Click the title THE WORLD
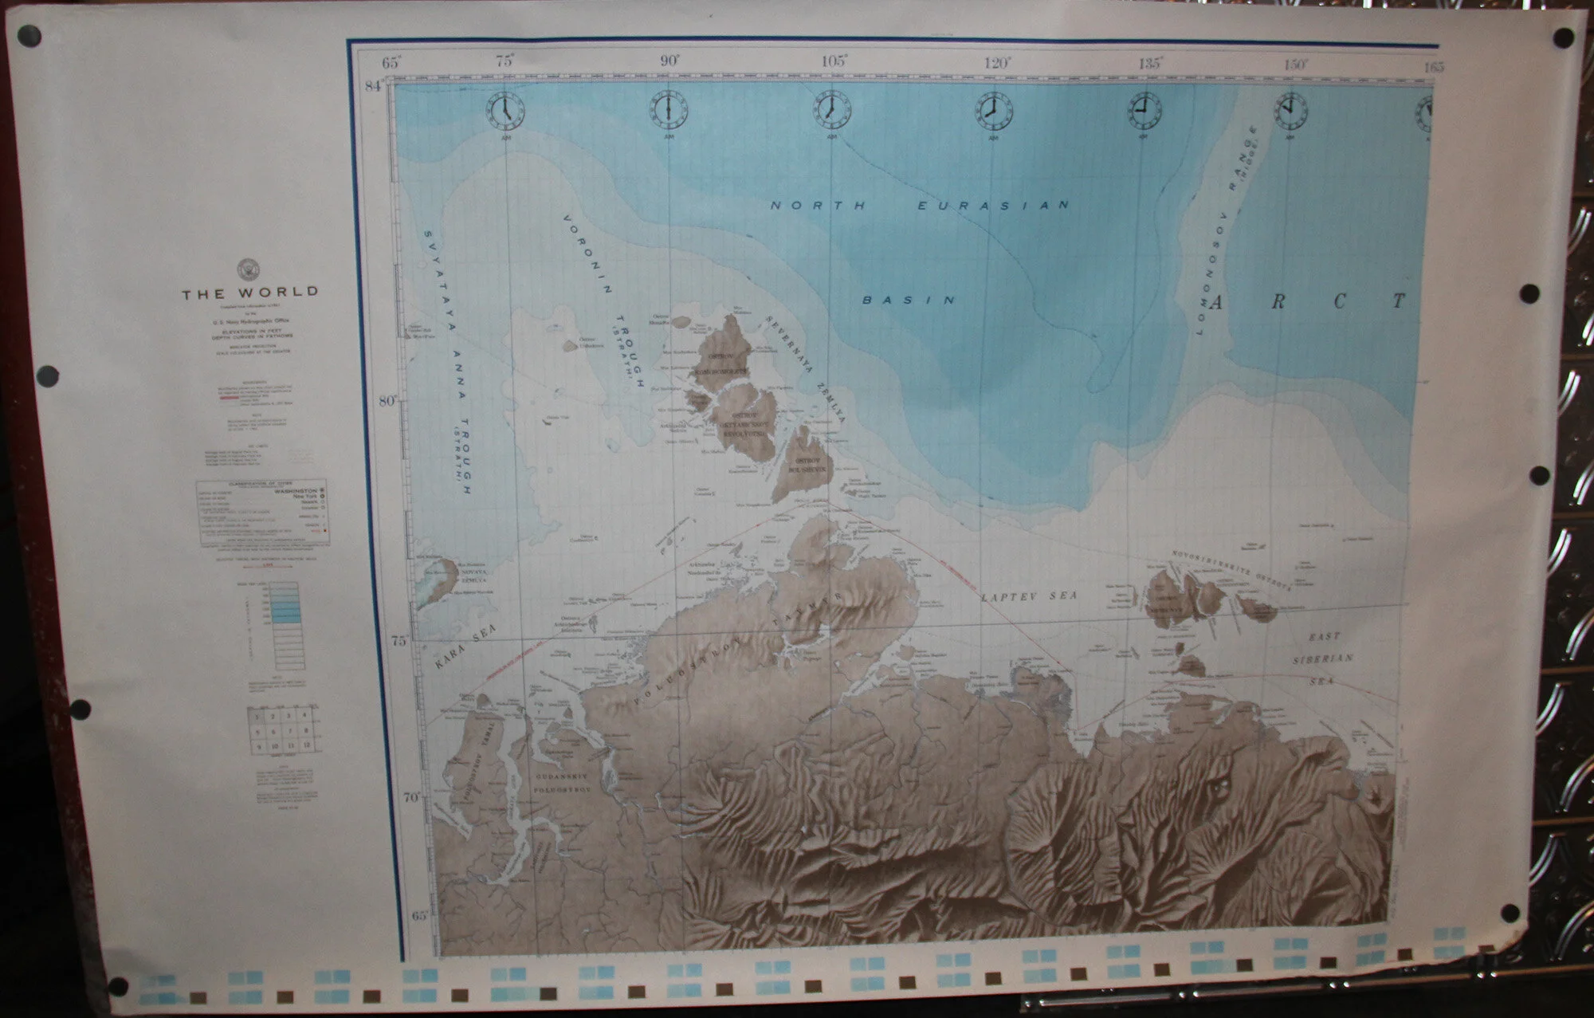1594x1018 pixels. tap(249, 293)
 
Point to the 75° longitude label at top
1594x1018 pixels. tap(505, 61)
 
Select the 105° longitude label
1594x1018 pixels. tap(834, 61)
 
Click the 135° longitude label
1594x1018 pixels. tap(1149, 64)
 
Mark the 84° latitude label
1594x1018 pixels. tap(374, 86)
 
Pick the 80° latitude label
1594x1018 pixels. tap(388, 401)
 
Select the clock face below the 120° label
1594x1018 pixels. tap(993, 111)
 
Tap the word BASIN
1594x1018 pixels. tap(909, 300)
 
